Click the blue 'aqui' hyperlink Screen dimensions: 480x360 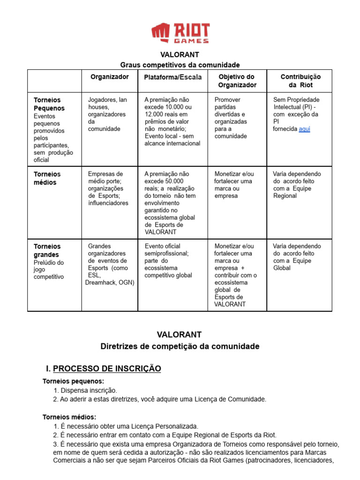coord(304,129)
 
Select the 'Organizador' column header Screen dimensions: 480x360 coord(109,77)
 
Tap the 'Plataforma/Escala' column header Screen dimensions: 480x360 coord(172,77)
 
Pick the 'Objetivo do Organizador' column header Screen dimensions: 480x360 coord(237,81)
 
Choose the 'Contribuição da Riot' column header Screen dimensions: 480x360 coord(300,81)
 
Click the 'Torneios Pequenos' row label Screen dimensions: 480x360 coord(49,104)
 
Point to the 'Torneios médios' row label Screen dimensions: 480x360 coord(47,178)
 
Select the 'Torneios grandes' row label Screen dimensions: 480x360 coord(47,250)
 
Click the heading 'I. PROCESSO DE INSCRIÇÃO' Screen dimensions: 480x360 coord(102,369)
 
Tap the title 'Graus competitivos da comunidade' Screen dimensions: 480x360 coord(180,65)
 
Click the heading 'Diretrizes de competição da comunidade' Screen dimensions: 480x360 coord(180,346)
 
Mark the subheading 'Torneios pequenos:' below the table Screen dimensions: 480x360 coord(73,381)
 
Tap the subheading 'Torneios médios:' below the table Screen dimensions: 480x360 coord(69,417)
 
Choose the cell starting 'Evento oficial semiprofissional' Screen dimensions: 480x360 coord(168,261)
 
